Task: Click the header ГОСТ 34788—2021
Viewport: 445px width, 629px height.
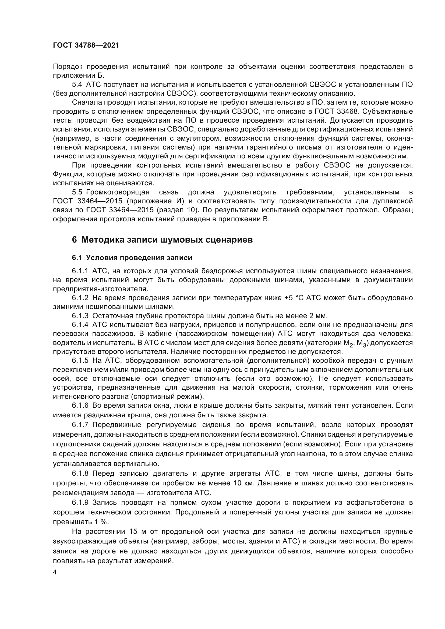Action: (86, 45)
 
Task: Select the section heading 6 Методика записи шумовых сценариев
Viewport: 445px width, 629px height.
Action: (162, 240)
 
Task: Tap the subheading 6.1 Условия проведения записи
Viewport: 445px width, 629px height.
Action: (132, 258)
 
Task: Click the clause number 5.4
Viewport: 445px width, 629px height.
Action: (77, 85)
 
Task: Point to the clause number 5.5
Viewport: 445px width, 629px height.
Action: (77, 192)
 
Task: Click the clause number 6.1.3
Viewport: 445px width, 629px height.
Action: (80, 316)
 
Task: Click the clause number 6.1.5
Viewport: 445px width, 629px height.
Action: (80, 360)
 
